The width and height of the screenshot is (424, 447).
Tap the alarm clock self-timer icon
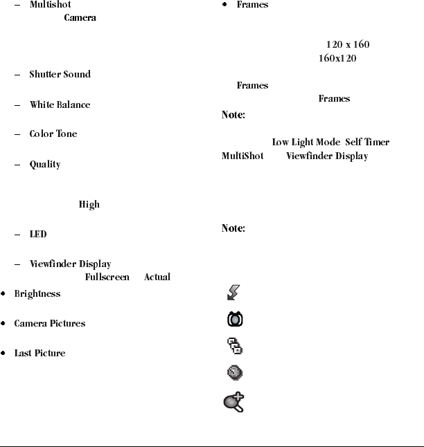click(235, 320)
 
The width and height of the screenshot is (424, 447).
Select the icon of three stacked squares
click(235, 346)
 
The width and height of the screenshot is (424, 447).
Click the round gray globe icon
click(235, 373)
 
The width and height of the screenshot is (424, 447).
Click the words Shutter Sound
click(60, 75)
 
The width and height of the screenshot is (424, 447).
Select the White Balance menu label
click(60, 105)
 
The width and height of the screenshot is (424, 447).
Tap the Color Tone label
click(53, 134)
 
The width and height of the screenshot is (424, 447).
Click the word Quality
click(45, 165)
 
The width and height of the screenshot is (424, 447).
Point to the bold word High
click(89, 205)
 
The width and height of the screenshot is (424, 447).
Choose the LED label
click(38, 235)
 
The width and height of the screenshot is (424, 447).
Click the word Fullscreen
click(107, 277)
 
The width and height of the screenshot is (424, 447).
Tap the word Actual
click(157, 277)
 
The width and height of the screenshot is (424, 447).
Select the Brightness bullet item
click(37, 294)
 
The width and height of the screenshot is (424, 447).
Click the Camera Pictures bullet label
click(50, 324)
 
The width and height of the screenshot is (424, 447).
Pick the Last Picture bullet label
click(40, 354)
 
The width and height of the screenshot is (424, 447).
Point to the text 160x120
click(337, 58)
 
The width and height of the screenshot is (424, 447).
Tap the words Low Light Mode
click(306, 143)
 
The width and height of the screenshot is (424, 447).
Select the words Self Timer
click(367, 143)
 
